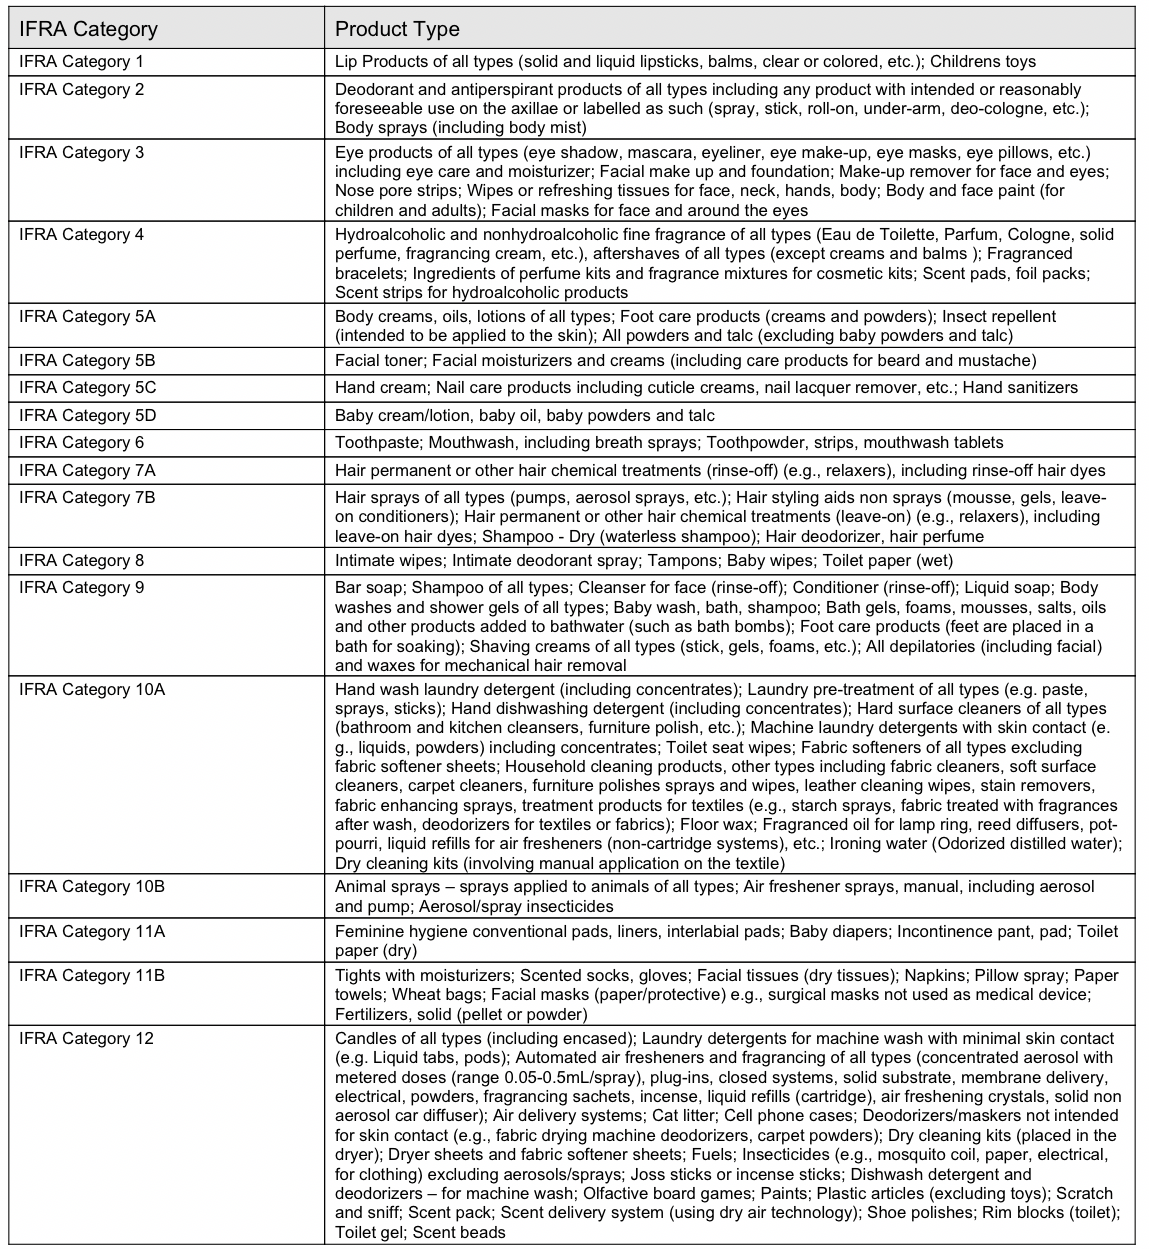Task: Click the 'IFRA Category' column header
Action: point(88,28)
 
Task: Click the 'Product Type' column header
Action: point(397,28)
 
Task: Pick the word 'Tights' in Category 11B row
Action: point(356,975)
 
